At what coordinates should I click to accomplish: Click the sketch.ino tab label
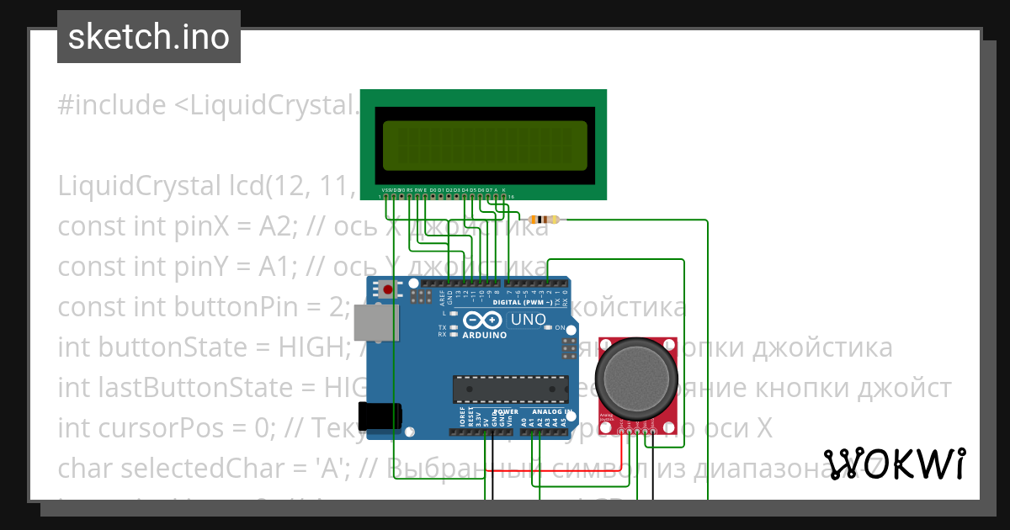(x=149, y=37)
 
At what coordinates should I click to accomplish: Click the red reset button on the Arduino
(x=387, y=290)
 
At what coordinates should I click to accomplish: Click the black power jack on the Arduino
(x=379, y=416)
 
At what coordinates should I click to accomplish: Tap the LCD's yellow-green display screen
(x=484, y=144)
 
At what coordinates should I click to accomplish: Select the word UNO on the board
(x=528, y=321)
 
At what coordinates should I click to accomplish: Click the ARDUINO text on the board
(x=485, y=335)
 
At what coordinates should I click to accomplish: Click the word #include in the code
(x=112, y=106)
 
